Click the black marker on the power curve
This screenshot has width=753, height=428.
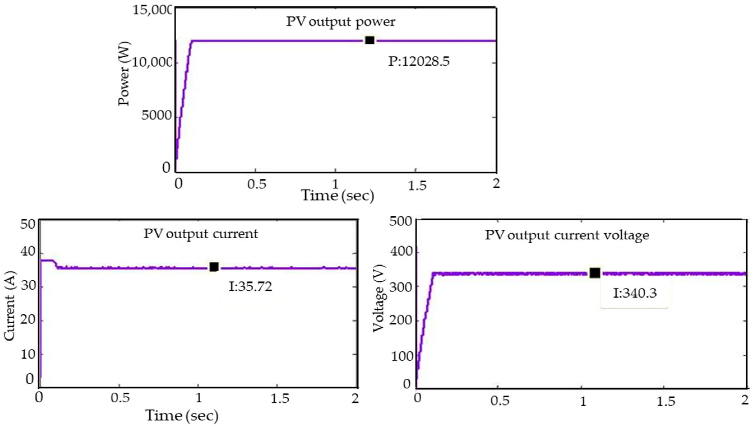point(370,40)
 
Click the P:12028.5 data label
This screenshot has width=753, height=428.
point(419,62)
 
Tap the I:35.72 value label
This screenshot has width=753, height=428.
point(251,287)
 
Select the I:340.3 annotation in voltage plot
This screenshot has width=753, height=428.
point(635,293)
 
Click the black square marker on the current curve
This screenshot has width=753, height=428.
point(214,267)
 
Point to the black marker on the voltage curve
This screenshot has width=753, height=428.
point(595,273)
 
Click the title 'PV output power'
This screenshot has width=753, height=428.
point(341,22)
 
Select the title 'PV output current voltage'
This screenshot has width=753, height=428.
point(567,235)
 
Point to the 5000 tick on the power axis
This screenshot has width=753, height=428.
point(156,116)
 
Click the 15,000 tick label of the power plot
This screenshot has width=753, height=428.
point(152,10)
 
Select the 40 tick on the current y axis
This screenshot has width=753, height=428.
point(27,252)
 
